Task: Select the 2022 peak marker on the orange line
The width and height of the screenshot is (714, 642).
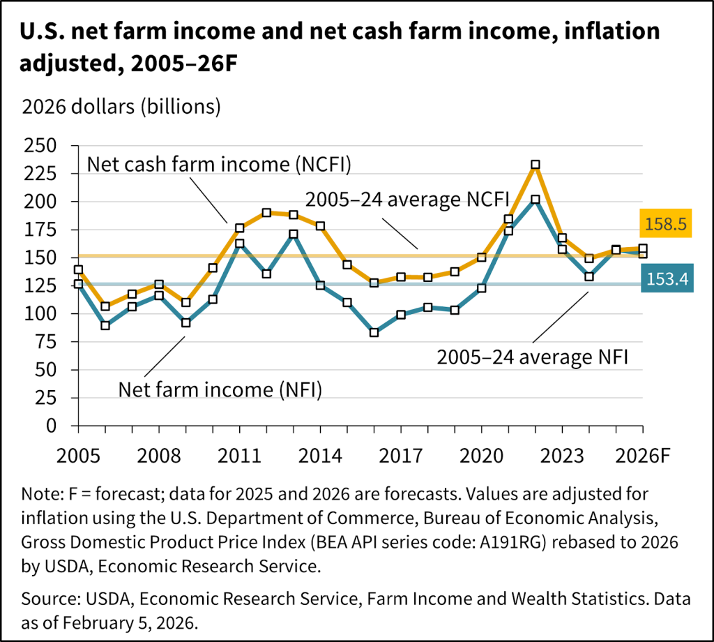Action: click(x=535, y=165)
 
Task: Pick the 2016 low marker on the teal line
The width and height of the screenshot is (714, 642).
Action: click(x=374, y=332)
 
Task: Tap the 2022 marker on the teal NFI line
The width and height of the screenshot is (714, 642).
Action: click(x=535, y=199)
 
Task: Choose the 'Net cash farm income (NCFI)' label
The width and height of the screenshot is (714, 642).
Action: click(x=220, y=165)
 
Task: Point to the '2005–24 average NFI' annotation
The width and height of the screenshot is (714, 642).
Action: click(x=533, y=358)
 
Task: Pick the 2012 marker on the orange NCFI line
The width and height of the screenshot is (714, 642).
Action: click(x=266, y=213)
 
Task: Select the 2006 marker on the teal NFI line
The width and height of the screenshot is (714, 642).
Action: click(x=105, y=325)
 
